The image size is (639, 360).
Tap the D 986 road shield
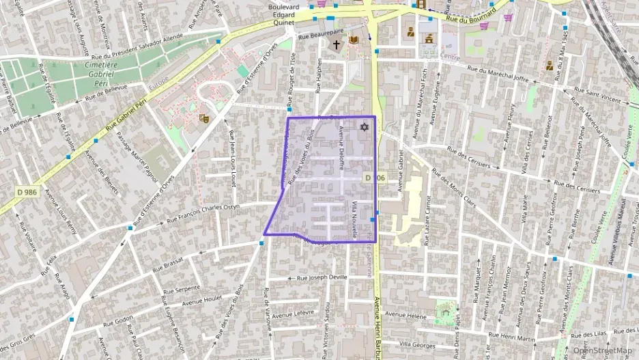(x=27, y=193)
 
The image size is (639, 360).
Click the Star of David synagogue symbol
(x=364, y=127)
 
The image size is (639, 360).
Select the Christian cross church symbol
(x=336, y=44)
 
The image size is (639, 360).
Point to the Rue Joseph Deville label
(x=322, y=277)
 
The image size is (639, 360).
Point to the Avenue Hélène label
(x=407, y=315)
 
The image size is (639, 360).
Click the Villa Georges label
(x=416, y=344)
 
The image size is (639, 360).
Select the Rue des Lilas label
(x=591, y=333)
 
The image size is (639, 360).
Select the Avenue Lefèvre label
(x=294, y=314)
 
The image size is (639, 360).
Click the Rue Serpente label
(x=179, y=288)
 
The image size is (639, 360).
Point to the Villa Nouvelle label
(x=354, y=219)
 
